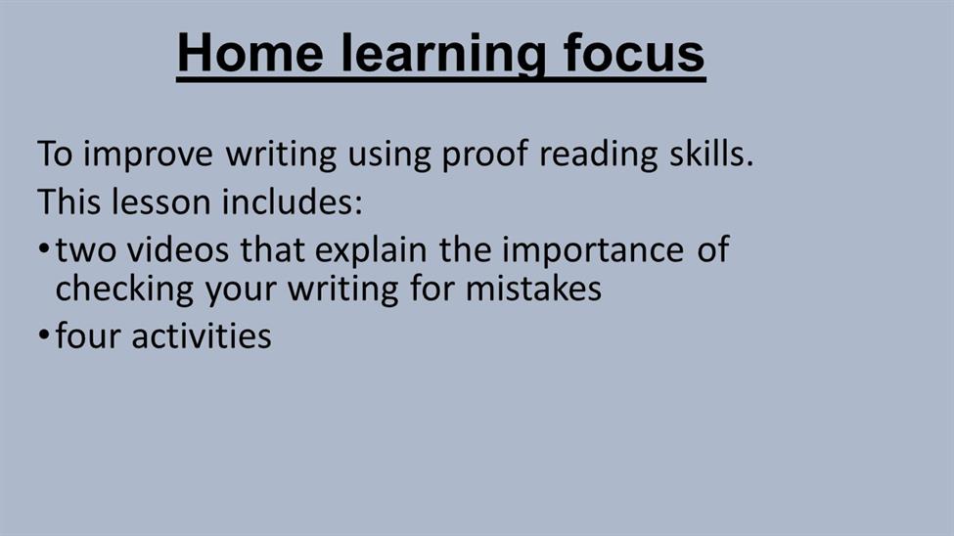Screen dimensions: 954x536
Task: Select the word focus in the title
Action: pyautogui.click(x=634, y=53)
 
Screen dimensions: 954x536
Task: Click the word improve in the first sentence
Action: pyautogui.click(x=148, y=155)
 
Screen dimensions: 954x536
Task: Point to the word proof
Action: pyautogui.click(x=485, y=155)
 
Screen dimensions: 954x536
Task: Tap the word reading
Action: pyautogui.click(x=599, y=155)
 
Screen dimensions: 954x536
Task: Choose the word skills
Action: pyautogui.click(x=711, y=153)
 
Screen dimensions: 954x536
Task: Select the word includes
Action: pyautogui.click(x=292, y=201)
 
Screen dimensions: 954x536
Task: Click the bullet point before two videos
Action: pyautogui.click(x=43, y=248)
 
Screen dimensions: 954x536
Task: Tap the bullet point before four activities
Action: pyautogui.click(x=43, y=335)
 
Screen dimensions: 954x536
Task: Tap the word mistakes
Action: pyautogui.click(x=533, y=288)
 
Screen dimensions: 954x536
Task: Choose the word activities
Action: pyautogui.click(x=202, y=335)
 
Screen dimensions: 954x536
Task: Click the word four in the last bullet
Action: pyautogui.click(x=88, y=335)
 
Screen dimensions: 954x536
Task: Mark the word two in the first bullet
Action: pyautogui.click(x=85, y=250)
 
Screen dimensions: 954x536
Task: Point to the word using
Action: pyautogui.click(x=388, y=156)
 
